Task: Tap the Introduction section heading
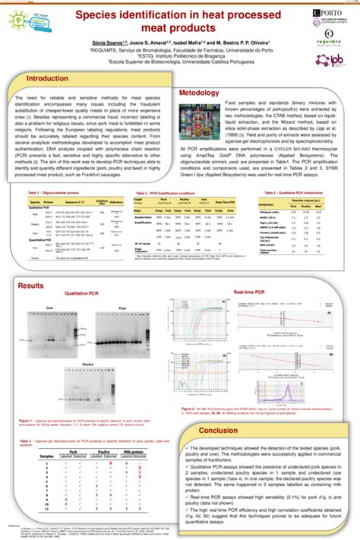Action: (48, 79)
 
